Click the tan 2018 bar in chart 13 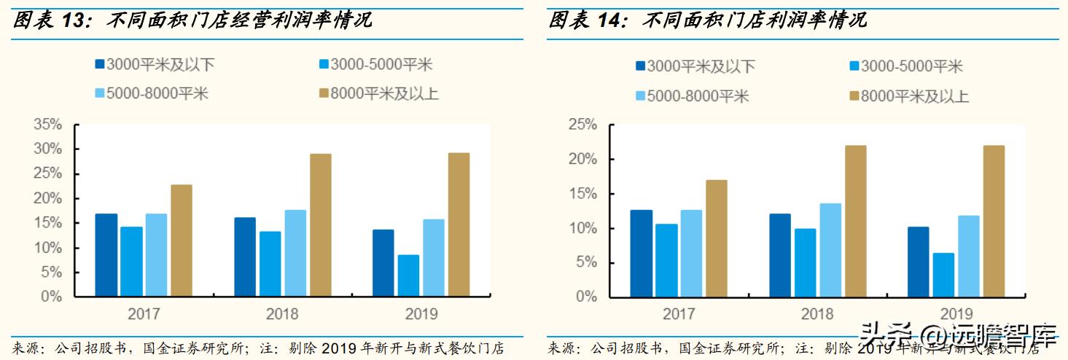320,225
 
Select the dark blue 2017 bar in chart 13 106,255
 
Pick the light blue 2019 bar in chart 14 968,257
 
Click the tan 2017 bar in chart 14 716,238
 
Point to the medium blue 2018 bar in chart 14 805,263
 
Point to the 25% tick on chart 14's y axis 582,125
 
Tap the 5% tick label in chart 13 52,273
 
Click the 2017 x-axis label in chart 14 679,315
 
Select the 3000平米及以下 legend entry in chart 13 155,64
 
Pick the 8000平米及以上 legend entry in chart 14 910,95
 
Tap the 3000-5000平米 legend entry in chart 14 905,66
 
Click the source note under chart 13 258,348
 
